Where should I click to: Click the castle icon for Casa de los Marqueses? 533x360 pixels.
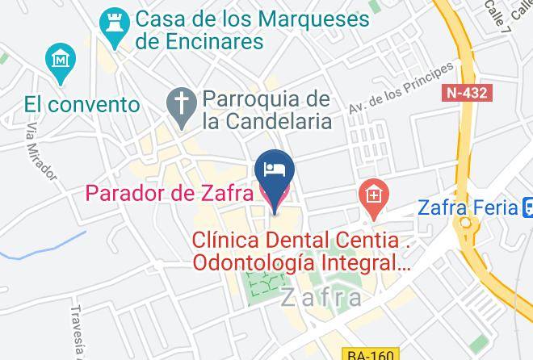click(114, 23)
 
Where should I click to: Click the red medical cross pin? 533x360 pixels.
click(374, 195)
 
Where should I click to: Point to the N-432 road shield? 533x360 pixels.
click(467, 93)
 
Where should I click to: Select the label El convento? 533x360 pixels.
click(82, 104)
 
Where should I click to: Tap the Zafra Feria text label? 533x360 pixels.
click(467, 207)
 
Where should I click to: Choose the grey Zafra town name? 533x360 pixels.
click(321, 298)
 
